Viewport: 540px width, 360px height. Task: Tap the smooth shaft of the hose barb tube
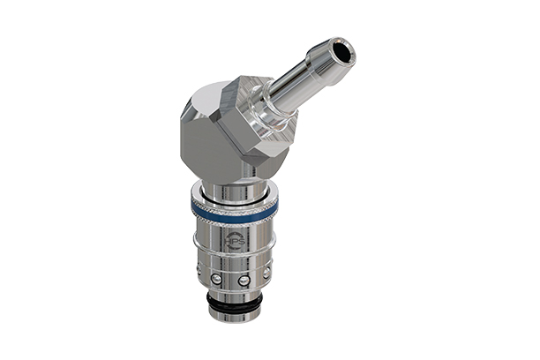coord(300,83)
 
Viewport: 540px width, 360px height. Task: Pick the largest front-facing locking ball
coord(244,281)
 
